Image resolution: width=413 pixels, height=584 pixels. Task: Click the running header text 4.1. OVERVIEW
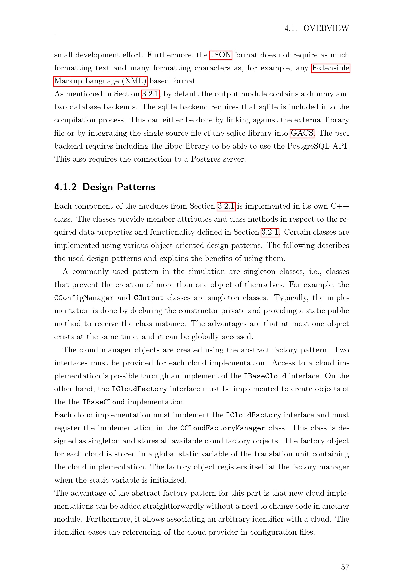point(316,28)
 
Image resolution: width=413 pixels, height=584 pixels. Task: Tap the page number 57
point(345,567)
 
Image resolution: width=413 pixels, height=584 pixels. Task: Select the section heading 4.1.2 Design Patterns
point(105,187)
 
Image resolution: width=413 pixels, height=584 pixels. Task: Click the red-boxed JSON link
point(221,55)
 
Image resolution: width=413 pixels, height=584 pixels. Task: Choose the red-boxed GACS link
point(302,133)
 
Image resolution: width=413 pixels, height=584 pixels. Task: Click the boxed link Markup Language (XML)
point(100,81)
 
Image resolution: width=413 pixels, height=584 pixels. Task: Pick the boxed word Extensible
point(331,68)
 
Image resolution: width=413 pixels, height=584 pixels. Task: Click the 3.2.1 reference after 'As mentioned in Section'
point(150,94)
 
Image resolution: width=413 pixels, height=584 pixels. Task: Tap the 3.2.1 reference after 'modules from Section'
point(226,206)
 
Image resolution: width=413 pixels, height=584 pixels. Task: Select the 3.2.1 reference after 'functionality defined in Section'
point(270,232)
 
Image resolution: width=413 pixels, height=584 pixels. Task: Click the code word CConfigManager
point(84,298)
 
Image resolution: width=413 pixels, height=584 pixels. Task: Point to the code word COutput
point(149,298)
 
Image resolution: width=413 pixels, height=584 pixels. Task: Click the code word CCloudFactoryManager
point(222,428)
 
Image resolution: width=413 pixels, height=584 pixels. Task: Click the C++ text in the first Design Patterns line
point(340,206)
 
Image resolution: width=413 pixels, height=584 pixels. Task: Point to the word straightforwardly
point(173,506)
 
